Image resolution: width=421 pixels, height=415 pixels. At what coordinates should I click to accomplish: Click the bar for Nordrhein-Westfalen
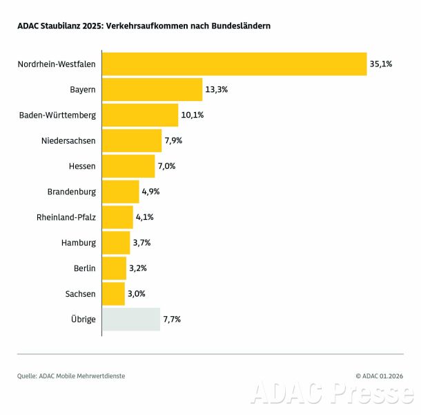(x=234, y=64)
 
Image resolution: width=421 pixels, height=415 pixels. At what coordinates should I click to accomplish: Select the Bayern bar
(x=152, y=89)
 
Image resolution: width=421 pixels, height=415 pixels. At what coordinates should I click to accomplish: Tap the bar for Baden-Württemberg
(x=140, y=115)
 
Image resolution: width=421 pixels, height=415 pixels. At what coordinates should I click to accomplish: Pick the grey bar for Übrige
(x=131, y=319)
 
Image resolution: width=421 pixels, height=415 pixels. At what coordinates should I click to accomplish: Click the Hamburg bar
(x=116, y=242)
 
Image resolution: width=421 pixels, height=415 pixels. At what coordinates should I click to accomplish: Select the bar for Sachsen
(x=113, y=293)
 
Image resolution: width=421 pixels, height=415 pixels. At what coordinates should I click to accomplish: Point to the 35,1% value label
(x=381, y=64)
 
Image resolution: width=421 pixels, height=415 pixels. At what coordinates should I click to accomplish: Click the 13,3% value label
(x=217, y=89)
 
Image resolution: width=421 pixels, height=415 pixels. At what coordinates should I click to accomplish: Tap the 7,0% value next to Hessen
(x=166, y=166)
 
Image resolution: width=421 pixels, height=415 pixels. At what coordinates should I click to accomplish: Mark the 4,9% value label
(x=150, y=192)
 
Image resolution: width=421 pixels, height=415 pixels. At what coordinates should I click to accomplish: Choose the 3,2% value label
(x=138, y=268)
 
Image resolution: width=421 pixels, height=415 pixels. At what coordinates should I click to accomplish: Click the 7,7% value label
(x=172, y=319)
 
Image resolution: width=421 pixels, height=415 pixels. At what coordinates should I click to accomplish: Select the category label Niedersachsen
(x=68, y=140)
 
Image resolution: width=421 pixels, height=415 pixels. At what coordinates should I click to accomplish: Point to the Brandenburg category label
(x=72, y=192)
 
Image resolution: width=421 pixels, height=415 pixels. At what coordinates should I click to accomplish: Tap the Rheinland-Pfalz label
(x=66, y=217)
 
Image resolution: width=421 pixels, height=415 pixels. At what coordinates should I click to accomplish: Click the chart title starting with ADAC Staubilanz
(x=144, y=26)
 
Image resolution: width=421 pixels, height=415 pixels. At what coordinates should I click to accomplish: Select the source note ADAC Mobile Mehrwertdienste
(x=72, y=376)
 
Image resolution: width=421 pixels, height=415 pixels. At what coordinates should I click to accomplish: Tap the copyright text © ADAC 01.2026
(x=379, y=376)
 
